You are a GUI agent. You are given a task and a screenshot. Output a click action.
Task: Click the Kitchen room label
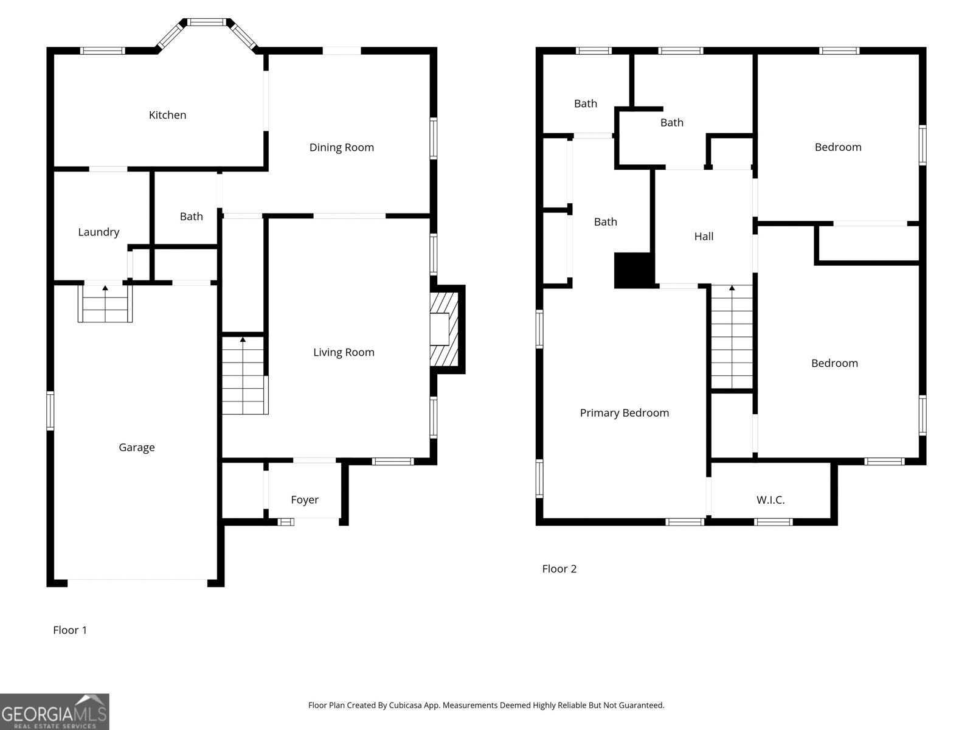pyautogui.click(x=167, y=115)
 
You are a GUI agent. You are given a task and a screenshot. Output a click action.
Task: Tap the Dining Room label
pyautogui.click(x=341, y=147)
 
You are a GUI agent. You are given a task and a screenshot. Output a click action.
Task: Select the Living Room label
pyautogui.click(x=344, y=352)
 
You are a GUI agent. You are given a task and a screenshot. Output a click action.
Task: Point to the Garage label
pyautogui.click(x=136, y=448)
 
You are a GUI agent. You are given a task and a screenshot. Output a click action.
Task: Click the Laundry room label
pyautogui.click(x=99, y=232)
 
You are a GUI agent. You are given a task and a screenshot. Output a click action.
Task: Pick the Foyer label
pyautogui.click(x=305, y=499)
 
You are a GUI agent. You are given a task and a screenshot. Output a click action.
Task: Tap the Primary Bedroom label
pyautogui.click(x=624, y=413)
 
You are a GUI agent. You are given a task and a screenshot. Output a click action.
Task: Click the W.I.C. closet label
pyautogui.click(x=770, y=500)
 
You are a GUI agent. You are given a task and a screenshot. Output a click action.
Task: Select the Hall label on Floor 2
pyautogui.click(x=704, y=237)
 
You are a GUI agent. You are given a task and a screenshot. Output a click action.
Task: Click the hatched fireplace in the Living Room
pyautogui.click(x=444, y=330)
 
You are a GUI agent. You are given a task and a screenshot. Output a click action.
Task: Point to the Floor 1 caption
pyautogui.click(x=70, y=630)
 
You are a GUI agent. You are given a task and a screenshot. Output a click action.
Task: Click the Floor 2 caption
pyautogui.click(x=559, y=569)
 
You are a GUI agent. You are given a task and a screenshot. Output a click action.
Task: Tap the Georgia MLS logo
pyautogui.click(x=54, y=712)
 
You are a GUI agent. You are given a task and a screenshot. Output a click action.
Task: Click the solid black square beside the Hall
pyautogui.click(x=634, y=270)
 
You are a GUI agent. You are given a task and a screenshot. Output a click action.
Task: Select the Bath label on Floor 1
pyautogui.click(x=191, y=217)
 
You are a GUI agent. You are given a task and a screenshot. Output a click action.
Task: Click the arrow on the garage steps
pyautogui.click(x=105, y=287)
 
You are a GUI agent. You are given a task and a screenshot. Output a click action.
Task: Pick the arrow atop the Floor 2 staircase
pyautogui.click(x=732, y=288)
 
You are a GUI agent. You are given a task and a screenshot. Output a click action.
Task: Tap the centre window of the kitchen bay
pyautogui.click(x=206, y=22)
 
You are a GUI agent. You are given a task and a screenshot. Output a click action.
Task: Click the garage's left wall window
pyautogui.click(x=50, y=411)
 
